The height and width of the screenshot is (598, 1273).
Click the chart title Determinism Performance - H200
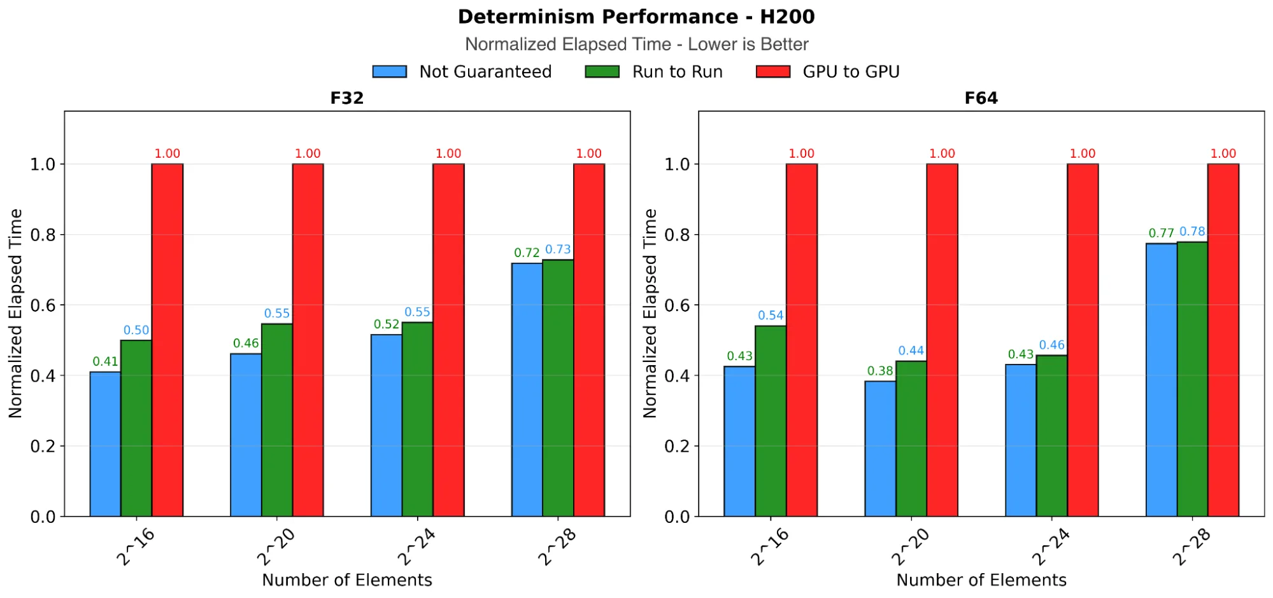(x=636, y=17)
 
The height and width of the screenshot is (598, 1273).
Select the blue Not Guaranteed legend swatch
(x=389, y=72)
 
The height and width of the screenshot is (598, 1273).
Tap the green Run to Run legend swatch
(x=602, y=72)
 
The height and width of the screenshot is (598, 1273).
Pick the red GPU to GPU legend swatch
(x=772, y=72)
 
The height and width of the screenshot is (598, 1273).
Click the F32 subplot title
(x=347, y=98)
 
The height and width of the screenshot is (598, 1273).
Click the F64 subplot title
(x=981, y=98)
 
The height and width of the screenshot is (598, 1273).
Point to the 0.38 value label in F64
(x=880, y=371)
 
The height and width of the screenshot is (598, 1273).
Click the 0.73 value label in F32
(x=558, y=249)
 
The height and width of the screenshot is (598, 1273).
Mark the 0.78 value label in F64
(x=1192, y=232)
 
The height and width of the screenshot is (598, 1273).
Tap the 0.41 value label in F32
(x=105, y=361)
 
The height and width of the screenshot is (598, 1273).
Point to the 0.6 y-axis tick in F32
(x=43, y=305)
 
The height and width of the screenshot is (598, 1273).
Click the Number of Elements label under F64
(x=981, y=580)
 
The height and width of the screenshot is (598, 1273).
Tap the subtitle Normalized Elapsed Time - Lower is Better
(x=636, y=45)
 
